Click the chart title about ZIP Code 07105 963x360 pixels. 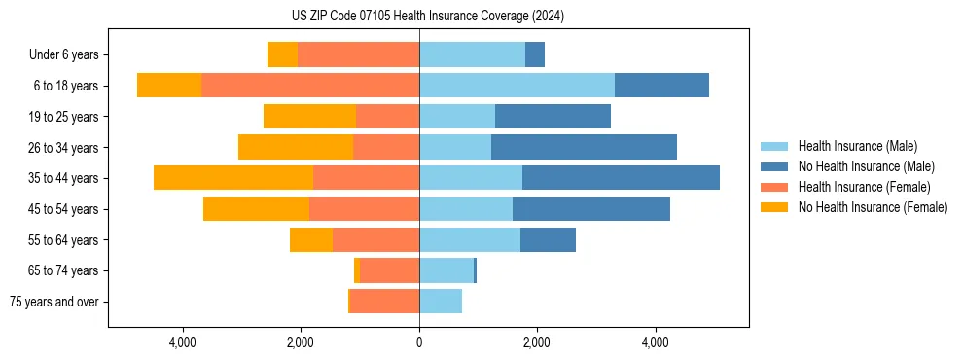(x=427, y=16)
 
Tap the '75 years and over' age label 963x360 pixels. (x=53, y=302)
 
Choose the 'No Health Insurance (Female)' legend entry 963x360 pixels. (x=873, y=207)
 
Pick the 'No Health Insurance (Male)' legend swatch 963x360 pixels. (x=775, y=166)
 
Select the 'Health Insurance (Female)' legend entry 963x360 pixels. (x=864, y=187)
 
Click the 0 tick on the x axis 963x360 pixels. (x=419, y=342)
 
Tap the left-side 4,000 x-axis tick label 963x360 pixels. (x=183, y=342)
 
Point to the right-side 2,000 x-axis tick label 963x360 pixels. (x=537, y=342)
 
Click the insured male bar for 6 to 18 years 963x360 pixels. (x=517, y=86)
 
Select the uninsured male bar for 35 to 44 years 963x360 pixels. (x=621, y=178)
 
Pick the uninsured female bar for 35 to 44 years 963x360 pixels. (x=233, y=178)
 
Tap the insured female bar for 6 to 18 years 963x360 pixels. (x=310, y=86)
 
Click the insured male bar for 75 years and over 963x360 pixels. (x=441, y=302)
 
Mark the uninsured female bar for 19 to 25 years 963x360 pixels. (x=309, y=117)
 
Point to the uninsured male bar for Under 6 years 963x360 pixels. (x=535, y=54)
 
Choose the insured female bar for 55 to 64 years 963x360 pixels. (x=375, y=239)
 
